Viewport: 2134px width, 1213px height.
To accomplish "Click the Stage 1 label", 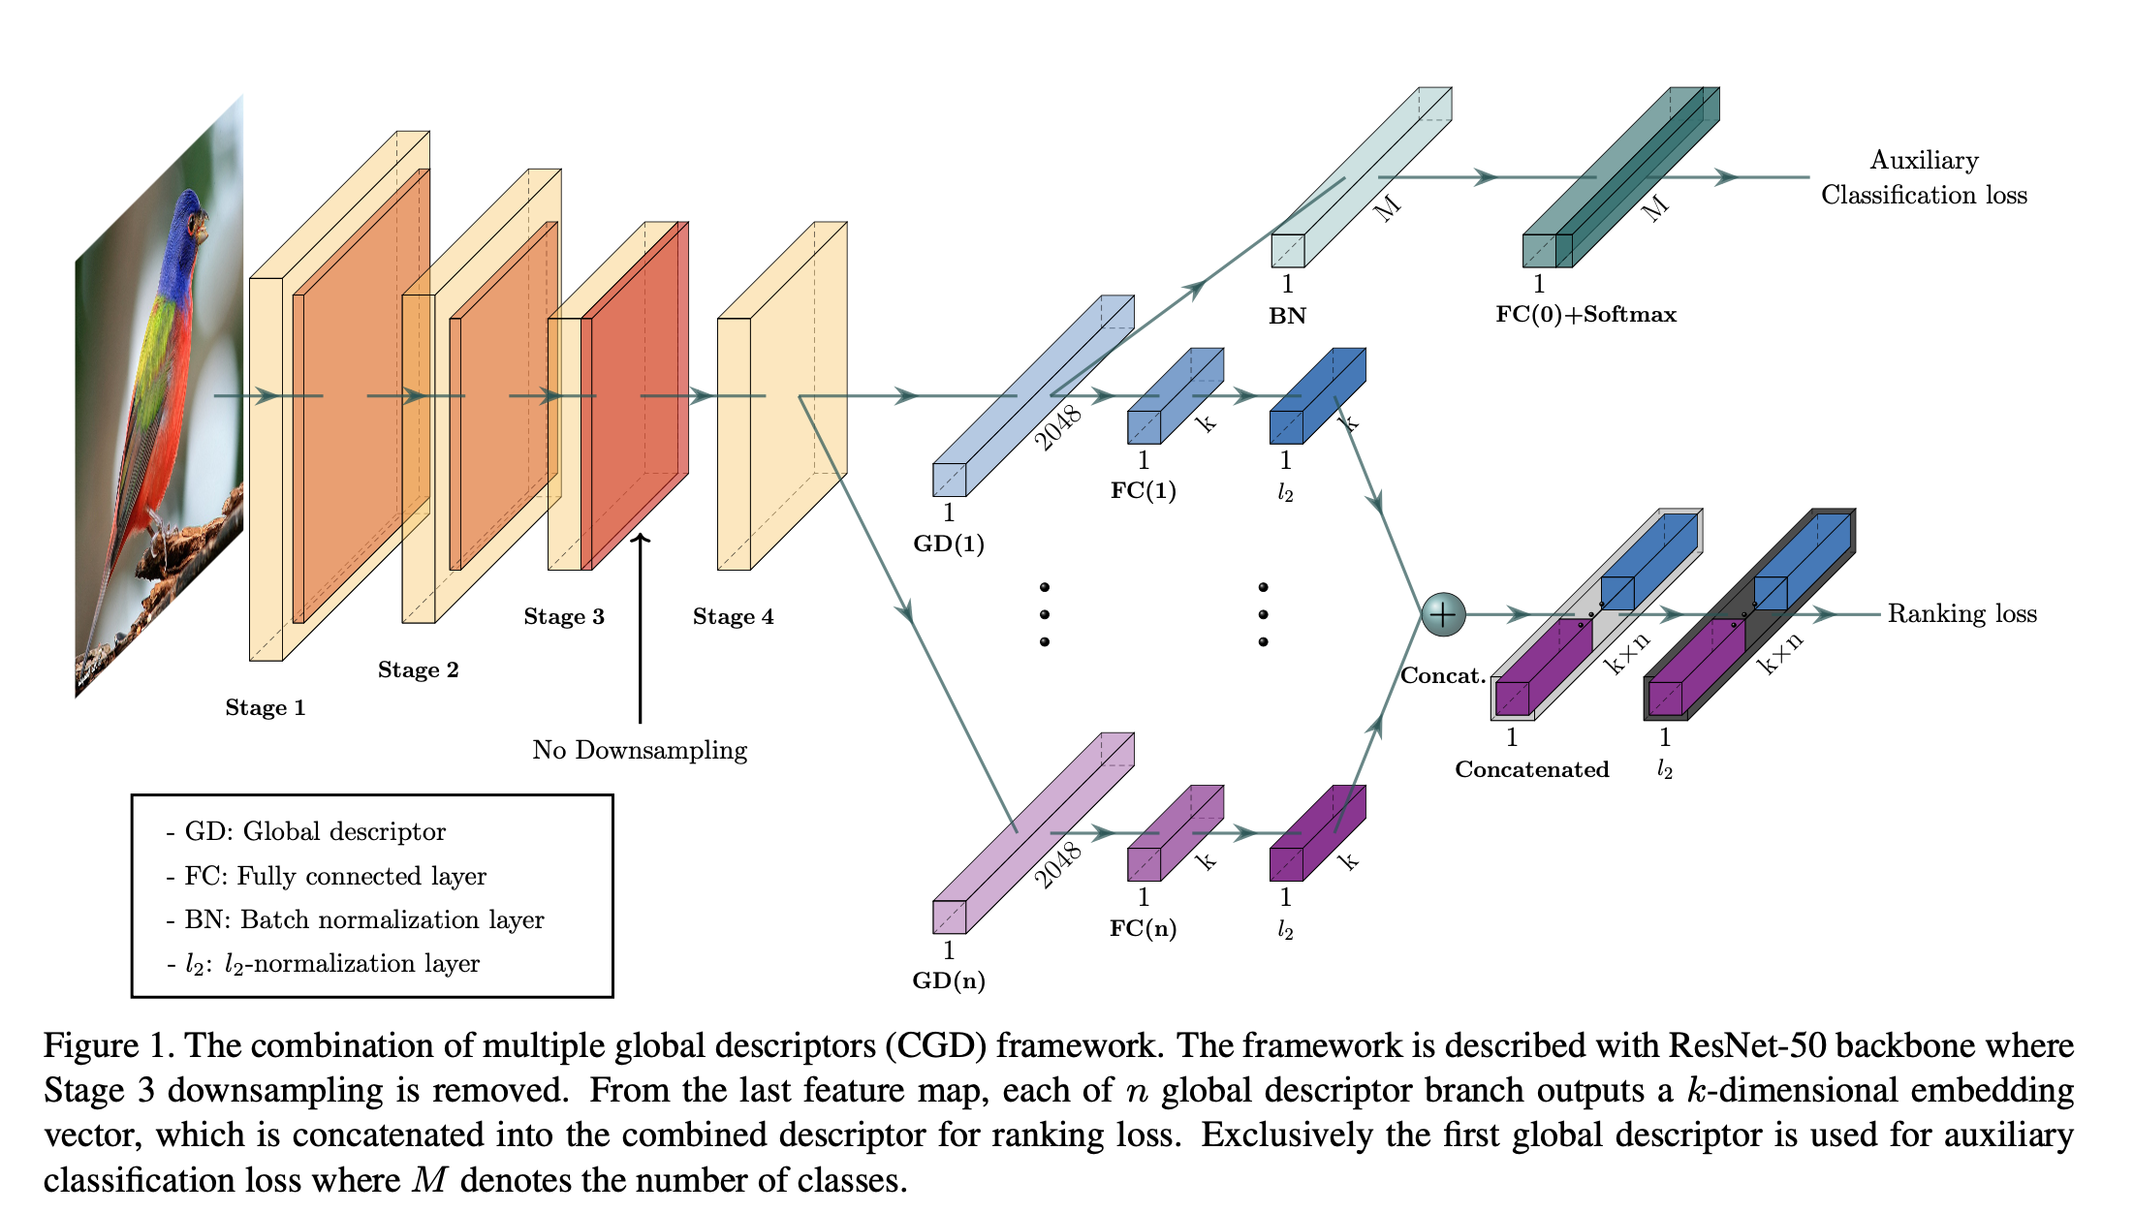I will (x=265, y=707).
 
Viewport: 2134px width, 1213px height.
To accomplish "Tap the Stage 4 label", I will (x=733, y=617).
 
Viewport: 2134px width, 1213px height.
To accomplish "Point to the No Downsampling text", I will (x=640, y=750).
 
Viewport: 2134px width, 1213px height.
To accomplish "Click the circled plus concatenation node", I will (x=1443, y=614).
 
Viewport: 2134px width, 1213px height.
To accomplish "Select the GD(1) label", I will (x=949, y=544).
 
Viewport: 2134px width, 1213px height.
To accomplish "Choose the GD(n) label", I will (x=949, y=980).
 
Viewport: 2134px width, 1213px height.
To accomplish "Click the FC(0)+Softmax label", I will (x=1585, y=314).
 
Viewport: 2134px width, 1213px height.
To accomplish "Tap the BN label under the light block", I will (x=1287, y=316).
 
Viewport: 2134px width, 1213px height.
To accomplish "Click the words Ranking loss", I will (x=1961, y=613).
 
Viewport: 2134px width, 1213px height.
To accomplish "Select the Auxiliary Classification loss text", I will (x=1924, y=177).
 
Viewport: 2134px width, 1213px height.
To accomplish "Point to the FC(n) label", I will (x=1143, y=928).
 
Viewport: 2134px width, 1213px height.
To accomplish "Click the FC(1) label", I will (x=1143, y=490).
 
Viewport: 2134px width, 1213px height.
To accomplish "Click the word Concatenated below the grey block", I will (x=1531, y=769).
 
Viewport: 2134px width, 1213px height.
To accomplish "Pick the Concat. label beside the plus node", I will (x=1443, y=675).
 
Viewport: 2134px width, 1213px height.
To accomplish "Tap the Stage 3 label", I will (x=563, y=617).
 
